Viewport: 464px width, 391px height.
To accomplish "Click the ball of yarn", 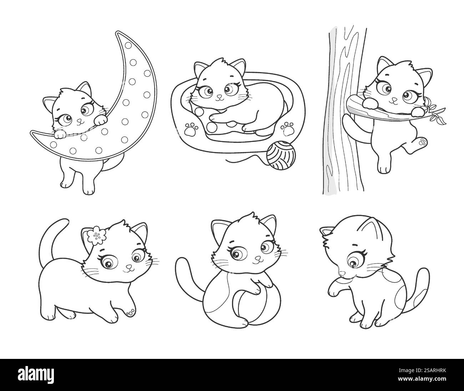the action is tap(281, 156).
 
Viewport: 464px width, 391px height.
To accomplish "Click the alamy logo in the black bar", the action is tap(36, 375).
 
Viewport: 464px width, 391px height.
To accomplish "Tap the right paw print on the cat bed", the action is tap(287, 128).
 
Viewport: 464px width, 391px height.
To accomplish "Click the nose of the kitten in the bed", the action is tap(220, 97).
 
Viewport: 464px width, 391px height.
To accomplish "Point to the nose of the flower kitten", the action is tap(129, 266).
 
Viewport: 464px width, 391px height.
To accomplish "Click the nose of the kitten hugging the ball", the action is tap(258, 258).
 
